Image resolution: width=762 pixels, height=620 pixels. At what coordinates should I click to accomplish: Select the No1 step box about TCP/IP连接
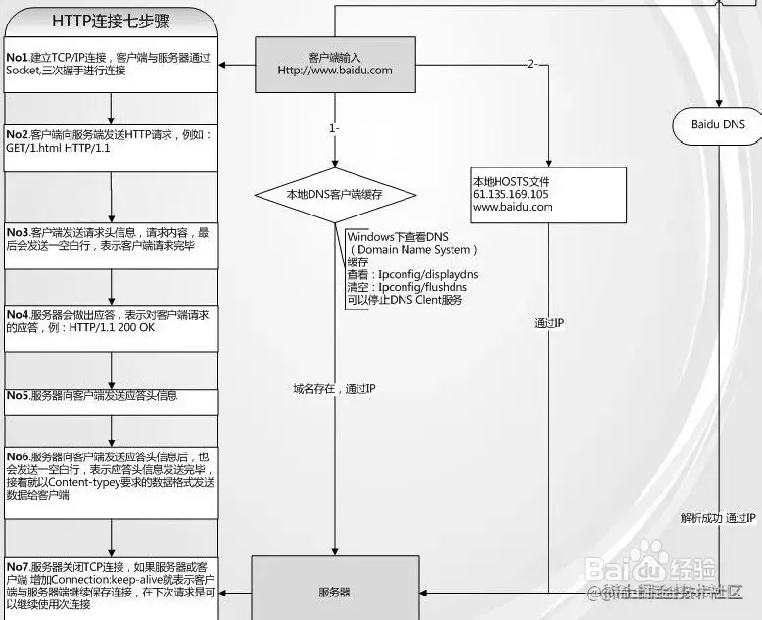click(111, 65)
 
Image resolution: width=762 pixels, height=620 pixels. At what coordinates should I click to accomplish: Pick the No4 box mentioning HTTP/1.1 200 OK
click(111, 328)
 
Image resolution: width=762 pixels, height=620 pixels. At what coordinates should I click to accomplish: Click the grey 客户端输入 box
click(334, 64)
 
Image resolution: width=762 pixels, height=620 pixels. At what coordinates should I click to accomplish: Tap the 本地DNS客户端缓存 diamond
click(333, 195)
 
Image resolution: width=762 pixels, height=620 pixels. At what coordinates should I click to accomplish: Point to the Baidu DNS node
click(718, 125)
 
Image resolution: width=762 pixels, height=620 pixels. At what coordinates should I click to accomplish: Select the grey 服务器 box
click(334, 592)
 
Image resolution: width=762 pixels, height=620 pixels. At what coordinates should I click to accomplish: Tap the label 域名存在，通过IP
click(334, 389)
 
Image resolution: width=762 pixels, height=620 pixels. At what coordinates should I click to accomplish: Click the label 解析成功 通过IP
click(718, 518)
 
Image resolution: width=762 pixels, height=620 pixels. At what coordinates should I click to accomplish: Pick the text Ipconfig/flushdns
click(422, 288)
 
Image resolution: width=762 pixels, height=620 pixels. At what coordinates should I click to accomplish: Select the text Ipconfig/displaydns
click(427, 275)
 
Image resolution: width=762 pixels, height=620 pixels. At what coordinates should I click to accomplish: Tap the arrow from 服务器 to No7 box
click(235, 593)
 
